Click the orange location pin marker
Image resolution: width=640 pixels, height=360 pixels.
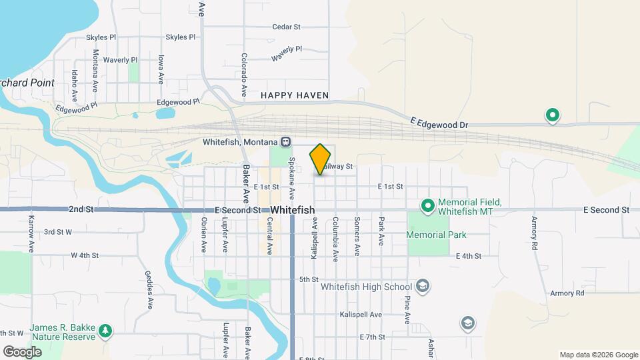[x=321, y=159]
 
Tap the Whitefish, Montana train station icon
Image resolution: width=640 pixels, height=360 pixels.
[x=285, y=141]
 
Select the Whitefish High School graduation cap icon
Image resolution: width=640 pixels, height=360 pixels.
[x=421, y=287]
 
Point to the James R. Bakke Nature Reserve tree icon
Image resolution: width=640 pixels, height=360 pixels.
[x=105, y=330]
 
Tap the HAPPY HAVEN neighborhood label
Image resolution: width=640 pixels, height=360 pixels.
[x=295, y=95]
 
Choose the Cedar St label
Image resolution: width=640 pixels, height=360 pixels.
[x=287, y=27]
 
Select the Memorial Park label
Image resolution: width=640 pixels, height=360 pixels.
[x=436, y=235]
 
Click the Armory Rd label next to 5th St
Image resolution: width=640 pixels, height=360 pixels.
[x=567, y=293]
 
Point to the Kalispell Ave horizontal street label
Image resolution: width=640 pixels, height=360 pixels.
[x=360, y=314]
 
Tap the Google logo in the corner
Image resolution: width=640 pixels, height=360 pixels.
[x=22, y=351]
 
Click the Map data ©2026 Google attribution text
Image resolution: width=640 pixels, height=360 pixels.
[x=599, y=355]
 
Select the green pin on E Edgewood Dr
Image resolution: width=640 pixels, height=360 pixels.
[x=552, y=116]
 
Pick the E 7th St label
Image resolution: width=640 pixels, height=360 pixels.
[x=372, y=337]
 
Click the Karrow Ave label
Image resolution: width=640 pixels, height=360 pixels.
[x=31, y=233]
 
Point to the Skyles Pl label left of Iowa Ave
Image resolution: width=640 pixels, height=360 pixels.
[x=101, y=37]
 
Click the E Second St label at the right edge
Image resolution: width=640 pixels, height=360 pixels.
[x=606, y=209]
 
